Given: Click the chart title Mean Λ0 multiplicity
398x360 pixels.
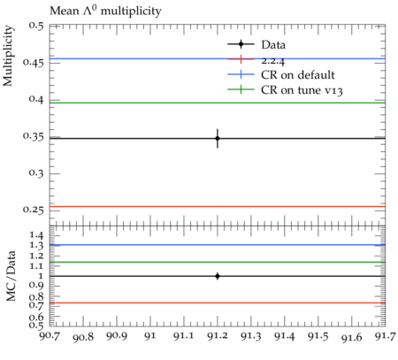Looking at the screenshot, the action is coord(105,11).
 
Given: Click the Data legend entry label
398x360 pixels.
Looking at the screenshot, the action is coord(273,45).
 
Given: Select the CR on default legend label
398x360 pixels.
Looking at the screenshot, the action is coord(298,75).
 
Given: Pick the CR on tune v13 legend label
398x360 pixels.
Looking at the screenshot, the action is coord(302,90).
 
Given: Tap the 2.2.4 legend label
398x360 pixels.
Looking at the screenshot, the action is coord(273,61).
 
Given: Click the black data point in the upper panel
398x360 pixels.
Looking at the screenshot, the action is coord(218,138).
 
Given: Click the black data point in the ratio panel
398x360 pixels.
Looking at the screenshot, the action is coord(218,276).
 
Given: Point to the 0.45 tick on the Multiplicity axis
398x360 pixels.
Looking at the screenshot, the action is coord(34,62).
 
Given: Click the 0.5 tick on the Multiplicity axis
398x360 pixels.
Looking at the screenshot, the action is coord(36,26).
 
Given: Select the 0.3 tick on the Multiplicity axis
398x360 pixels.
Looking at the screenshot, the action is coord(36,172).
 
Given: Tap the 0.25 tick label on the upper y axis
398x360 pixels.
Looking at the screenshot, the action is coord(34,210).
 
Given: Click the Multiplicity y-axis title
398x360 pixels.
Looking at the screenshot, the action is coord(8,56).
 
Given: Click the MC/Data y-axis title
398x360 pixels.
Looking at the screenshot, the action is coord(11,276).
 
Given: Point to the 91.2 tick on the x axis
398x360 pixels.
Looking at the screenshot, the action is coord(218,336).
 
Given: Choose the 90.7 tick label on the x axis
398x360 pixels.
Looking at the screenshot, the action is coord(50,336).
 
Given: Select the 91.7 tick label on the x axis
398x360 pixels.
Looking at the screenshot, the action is coord(385,336).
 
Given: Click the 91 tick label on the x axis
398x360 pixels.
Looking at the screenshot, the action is coord(150,336).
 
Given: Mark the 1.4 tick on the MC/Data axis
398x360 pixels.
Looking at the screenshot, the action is coord(36,235).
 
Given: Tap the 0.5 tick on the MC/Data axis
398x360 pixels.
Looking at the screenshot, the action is coord(36,325).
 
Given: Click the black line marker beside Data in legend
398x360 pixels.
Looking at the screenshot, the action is coord(241,44).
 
